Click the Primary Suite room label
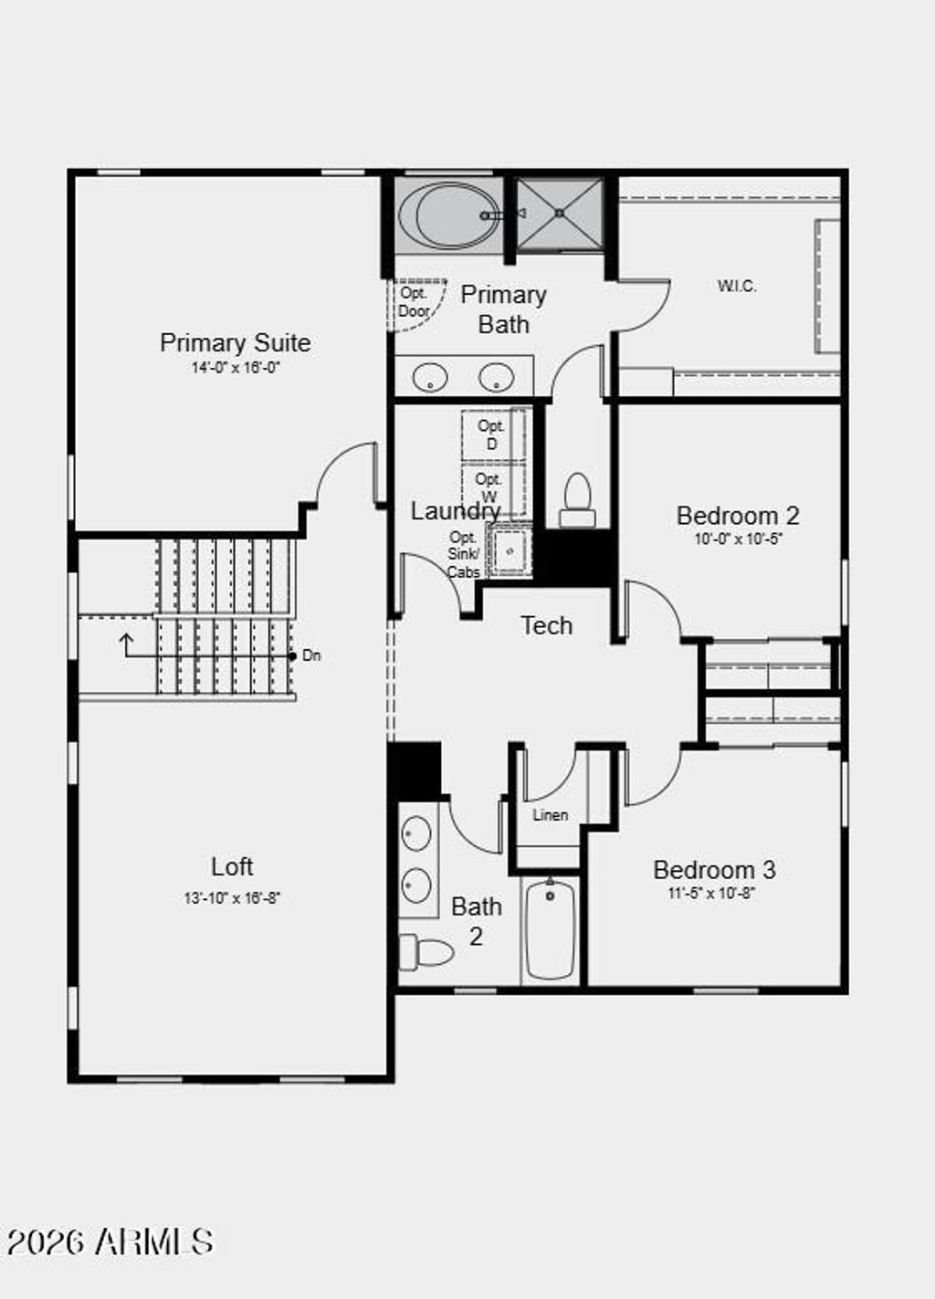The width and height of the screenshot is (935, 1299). click(235, 342)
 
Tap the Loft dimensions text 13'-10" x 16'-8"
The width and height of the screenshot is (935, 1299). click(232, 897)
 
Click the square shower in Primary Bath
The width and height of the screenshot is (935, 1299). click(560, 214)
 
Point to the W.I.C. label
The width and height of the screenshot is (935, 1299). click(736, 286)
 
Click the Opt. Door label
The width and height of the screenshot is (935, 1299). click(414, 302)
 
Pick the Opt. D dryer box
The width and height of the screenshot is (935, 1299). click(492, 435)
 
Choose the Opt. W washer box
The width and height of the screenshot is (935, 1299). click(490, 488)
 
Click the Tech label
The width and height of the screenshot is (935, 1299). click(546, 625)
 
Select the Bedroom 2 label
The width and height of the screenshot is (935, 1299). click(738, 515)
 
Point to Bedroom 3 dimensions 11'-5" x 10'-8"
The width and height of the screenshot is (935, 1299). click(711, 893)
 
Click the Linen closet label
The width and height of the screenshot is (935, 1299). click(550, 815)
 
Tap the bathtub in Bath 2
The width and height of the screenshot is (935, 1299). click(550, 929)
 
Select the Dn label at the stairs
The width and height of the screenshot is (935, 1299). click(311, 655)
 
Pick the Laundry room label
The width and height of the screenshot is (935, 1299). click(454, 510)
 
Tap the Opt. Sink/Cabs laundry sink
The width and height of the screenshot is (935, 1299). click(510, 550)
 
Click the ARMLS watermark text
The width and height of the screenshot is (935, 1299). click(110, 1241)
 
